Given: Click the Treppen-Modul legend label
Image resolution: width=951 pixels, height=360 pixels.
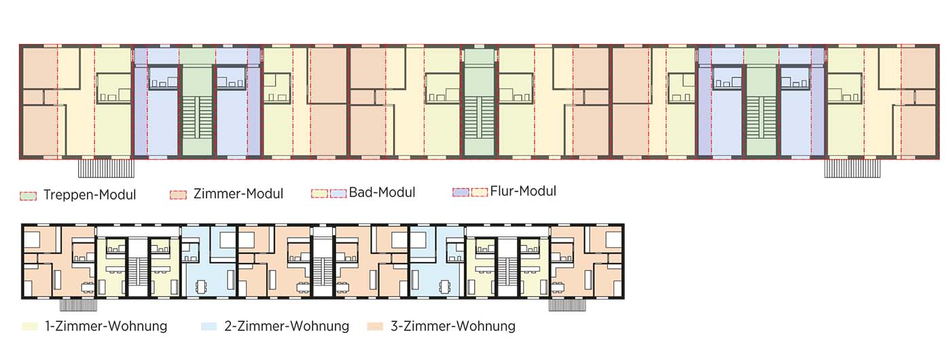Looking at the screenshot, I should (89, 195).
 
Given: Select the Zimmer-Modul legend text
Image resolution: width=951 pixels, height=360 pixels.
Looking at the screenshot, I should (238, 194).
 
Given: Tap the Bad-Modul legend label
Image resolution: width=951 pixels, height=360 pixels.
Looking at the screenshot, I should (382, 193).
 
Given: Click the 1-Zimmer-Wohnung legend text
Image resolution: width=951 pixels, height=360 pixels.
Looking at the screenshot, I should (106, 326).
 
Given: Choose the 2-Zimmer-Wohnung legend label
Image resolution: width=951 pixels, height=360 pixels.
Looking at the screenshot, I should (286, 326).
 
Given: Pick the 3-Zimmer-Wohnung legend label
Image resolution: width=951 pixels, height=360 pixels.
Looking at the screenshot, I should (453, 326).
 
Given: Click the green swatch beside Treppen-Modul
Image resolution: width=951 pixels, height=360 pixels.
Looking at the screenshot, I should (29, 196).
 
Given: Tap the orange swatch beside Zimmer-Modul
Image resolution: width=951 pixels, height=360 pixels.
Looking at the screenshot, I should (178, 195).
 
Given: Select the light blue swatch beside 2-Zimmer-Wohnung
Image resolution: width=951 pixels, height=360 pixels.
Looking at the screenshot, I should (210, 327).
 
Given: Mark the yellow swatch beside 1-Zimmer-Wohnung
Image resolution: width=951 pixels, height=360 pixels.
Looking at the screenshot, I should (30, 327).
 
